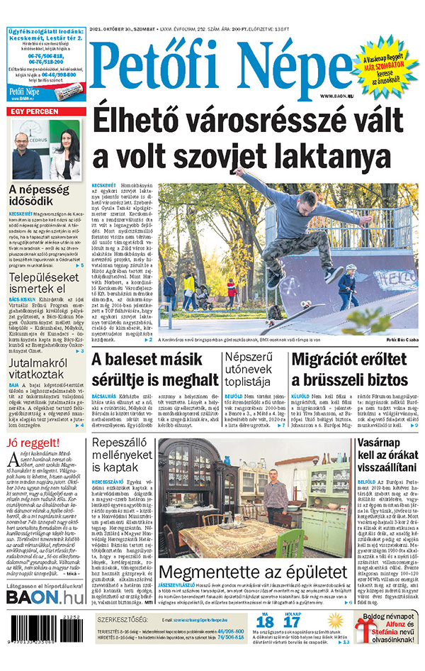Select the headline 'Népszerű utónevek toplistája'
coord(254,369)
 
